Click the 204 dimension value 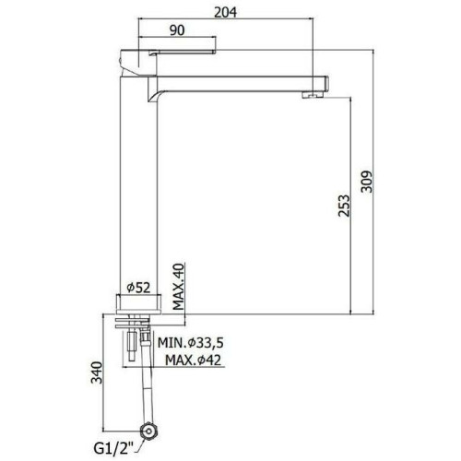pos(225,12)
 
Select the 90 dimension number pos(177,30)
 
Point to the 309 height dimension pos(366,182)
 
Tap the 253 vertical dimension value pos(344,206)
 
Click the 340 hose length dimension pos(97,372)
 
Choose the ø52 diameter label pos(138,288)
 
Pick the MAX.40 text pos(178,287)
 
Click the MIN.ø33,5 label pos(191,343)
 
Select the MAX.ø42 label pos(193,360)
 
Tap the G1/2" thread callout pos(114,449)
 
